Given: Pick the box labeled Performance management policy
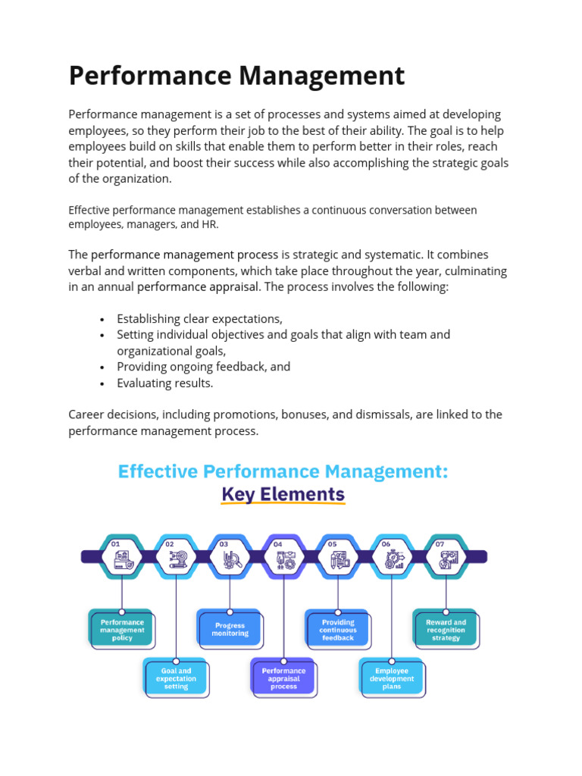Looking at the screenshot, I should (122, 630).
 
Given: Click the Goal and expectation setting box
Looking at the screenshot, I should (176, 678).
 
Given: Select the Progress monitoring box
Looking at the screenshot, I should (230, 630).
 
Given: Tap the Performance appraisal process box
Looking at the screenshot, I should (283, 678).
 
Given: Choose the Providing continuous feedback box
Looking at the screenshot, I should (338, 630).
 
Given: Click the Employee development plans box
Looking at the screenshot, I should (392, 678).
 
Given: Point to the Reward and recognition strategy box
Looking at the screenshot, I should (446, 630).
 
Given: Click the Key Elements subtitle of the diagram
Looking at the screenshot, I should (283, 495).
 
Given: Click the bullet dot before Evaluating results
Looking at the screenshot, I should (102, 383).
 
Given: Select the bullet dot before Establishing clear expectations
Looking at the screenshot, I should (102, 319).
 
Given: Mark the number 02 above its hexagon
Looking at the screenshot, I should (170, 543).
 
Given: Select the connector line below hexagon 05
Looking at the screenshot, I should (338, 595).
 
